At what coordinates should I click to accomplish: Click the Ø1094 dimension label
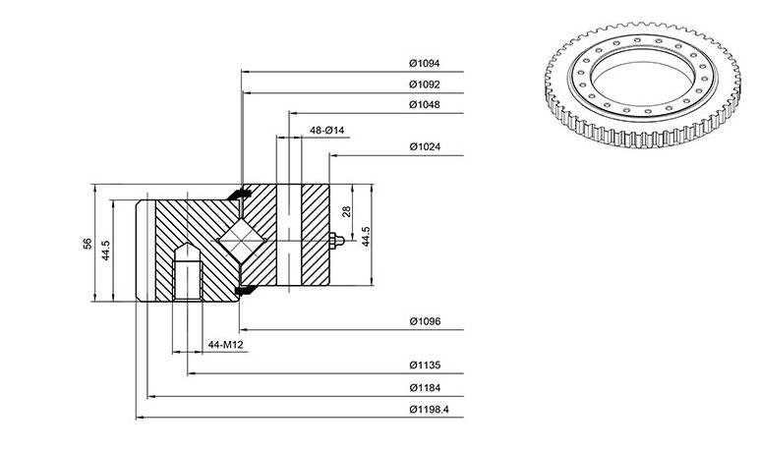click(x=425, y=63)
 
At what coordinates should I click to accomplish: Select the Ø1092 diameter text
click(x=425, y=84)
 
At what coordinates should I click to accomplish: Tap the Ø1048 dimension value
click(x=425, y=104)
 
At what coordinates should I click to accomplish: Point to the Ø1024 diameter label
click(x=425, y=146)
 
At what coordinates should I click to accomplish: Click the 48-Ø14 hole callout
click(x=326, y=130)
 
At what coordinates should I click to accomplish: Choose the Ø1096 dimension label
click(x=425, y=321)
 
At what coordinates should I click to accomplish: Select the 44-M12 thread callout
click(x=225, y=345)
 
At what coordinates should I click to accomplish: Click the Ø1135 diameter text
click(x=425, y=365)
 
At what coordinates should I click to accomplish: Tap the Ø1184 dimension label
click(x=425, y=388)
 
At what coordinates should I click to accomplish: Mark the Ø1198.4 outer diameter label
click(x=430, y=410)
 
